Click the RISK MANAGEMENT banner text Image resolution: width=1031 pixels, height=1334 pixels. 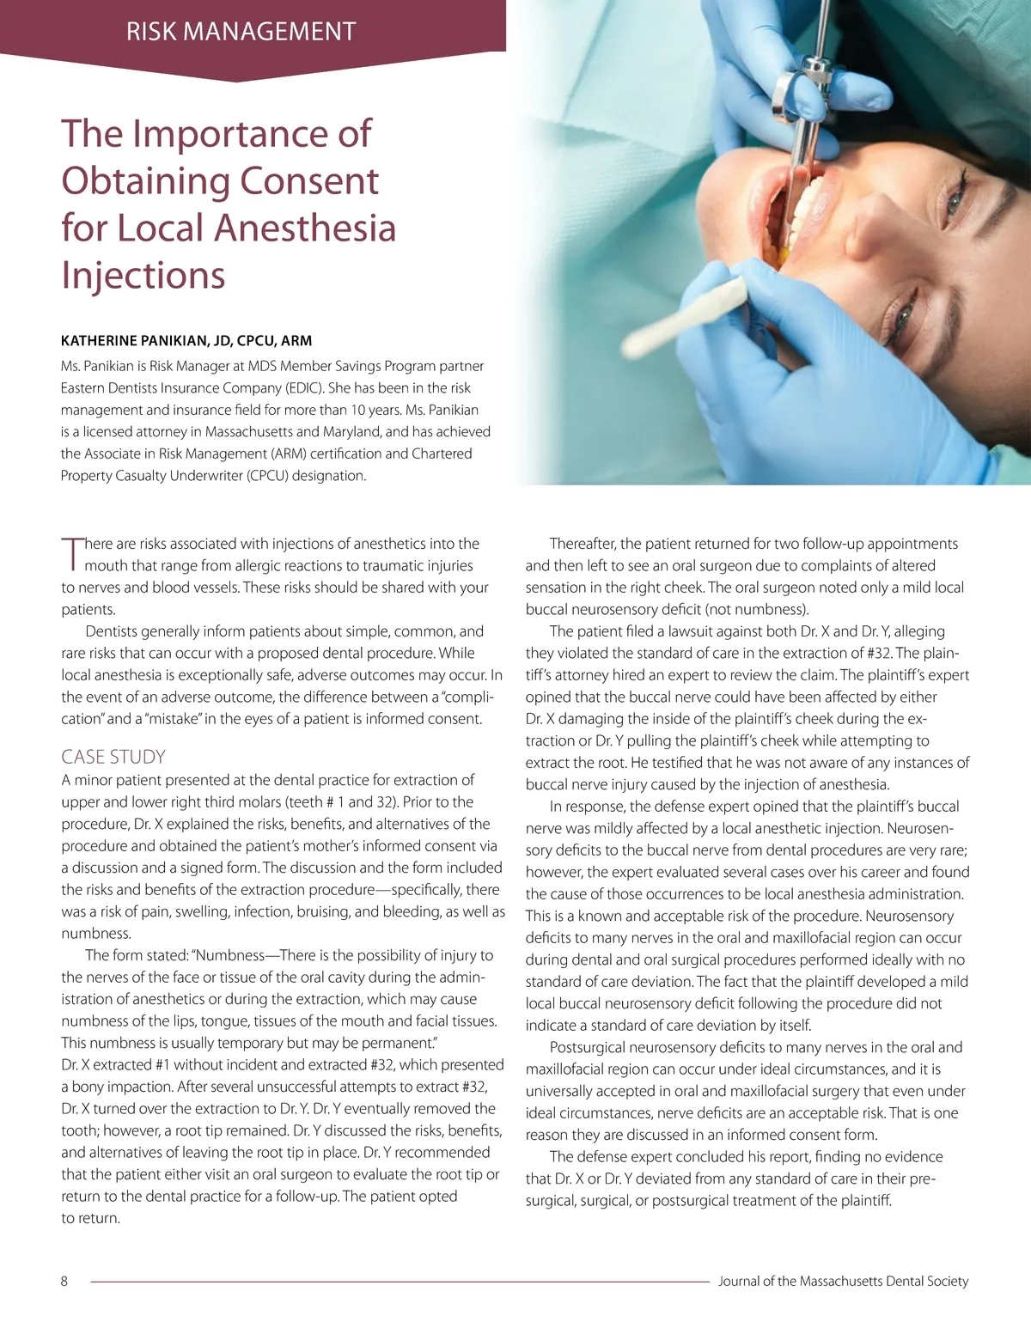pos(241,32)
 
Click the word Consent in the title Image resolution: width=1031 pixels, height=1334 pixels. pos(308,181)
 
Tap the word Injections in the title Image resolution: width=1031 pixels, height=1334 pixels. pos(143,276)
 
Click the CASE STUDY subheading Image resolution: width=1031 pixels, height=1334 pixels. pos(113,757)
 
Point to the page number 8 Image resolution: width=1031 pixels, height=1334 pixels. pos(64,1281)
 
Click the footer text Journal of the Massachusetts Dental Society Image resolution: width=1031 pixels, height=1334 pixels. pos(843,1281)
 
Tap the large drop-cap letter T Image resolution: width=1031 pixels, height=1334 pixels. pos(71,554)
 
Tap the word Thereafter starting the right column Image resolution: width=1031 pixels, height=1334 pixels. pos(583,544)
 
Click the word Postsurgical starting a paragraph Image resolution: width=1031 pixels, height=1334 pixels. pos(588,1047)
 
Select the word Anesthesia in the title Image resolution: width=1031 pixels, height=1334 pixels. pos(305,228)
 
